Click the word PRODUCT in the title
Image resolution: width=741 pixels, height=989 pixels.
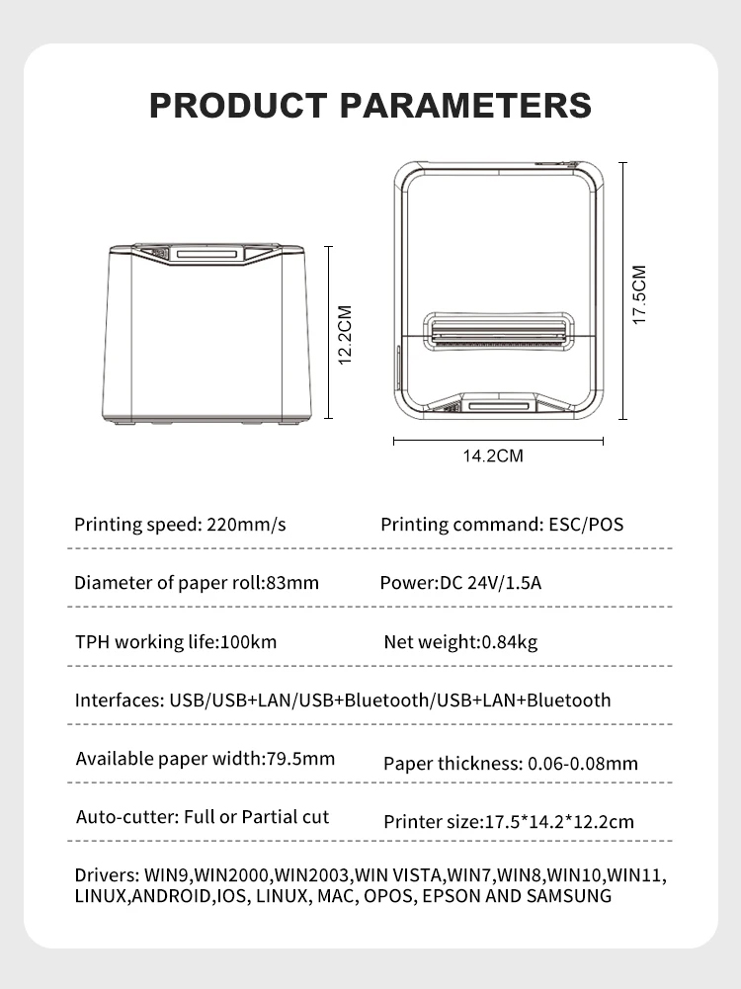[x=237, y=105]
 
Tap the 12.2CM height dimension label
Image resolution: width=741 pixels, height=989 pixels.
[x=345, y=335]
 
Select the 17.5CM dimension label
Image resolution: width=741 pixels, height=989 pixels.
[x=639, y=294]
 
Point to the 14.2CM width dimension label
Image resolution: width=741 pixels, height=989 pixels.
[x=493, y=455]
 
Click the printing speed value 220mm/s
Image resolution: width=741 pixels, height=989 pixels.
[x=246, y=525]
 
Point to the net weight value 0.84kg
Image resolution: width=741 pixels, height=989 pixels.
[x=509, y=643]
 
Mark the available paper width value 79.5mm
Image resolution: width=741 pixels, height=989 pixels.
[x=301, y=759]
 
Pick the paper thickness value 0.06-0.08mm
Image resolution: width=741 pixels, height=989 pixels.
[x=583, y=763]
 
